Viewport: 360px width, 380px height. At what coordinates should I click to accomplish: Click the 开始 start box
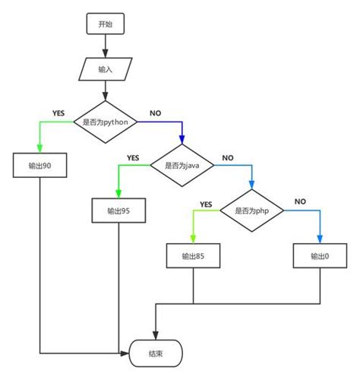pos(105,24)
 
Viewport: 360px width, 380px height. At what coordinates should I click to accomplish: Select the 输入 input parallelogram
pos(105,69)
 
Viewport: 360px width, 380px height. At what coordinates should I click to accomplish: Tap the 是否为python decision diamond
pos(105,122)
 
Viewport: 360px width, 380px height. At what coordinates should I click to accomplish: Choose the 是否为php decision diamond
pos(251,210)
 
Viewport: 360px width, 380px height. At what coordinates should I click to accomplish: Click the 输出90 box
pos(39,165)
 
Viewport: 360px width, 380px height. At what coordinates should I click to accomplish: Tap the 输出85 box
pos(194,256)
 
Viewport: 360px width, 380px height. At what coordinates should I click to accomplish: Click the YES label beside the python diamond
pos(58,112)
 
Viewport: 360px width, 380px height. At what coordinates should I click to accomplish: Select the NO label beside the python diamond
pos(155,112)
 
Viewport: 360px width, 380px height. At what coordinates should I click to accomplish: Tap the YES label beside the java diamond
pos(133,158)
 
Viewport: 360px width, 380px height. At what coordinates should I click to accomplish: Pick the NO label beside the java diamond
pos(228,158)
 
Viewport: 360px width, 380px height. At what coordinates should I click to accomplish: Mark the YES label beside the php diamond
pos(205,204)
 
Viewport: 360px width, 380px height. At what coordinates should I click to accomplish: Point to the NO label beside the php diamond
pos(300,202)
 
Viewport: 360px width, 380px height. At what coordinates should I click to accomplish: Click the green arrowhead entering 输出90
pos(39,149)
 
